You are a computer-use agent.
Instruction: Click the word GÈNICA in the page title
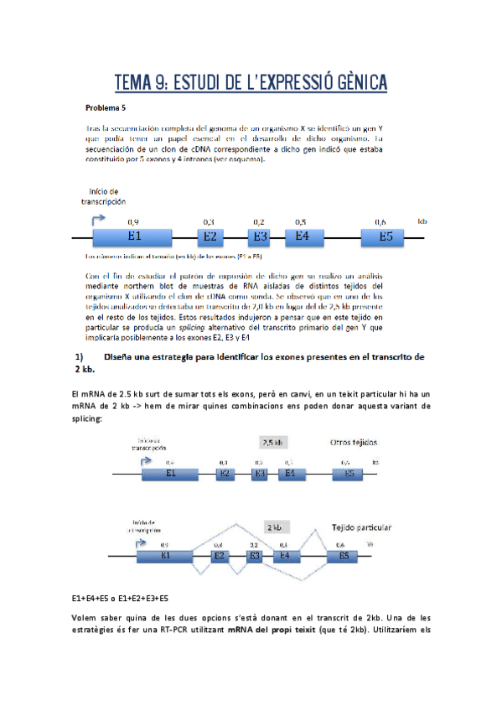point(355,81)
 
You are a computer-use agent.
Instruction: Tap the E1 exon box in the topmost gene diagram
point(134,236)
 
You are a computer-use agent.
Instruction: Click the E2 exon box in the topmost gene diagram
point(210,236)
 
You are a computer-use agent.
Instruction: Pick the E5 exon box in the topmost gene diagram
point(385,236)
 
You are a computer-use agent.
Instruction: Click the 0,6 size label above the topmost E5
point(380,221)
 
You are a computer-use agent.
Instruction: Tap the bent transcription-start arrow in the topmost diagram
point(97,220)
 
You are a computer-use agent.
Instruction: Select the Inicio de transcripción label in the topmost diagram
point(103,196)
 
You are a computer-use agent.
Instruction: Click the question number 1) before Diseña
point(80,333)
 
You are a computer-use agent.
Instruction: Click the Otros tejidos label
point(351,442)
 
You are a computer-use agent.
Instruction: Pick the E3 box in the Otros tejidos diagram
point(260,474)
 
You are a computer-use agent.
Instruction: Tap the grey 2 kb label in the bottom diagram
point(273,527)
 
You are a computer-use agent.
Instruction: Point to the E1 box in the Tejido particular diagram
point(165,555)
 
